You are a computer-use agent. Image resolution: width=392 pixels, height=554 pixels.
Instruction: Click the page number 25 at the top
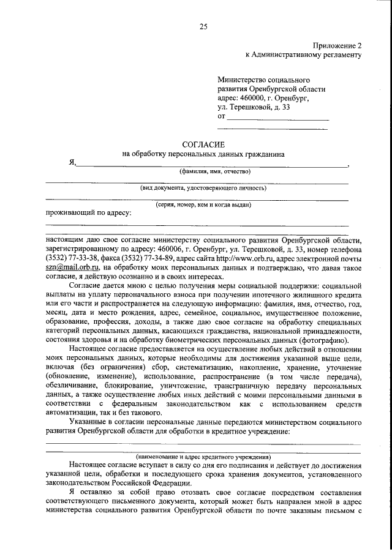pos(204,26)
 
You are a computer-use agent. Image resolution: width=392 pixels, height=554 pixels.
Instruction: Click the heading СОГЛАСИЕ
pos(203,144)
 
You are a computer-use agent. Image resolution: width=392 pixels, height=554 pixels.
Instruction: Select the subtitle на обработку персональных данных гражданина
pos(203,154)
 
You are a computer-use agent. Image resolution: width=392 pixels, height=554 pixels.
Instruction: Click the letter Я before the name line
pos(72,163)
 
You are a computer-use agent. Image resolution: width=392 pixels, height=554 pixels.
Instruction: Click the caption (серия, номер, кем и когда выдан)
pos(203,204)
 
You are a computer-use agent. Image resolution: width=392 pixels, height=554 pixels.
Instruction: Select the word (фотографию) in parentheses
pos(326,340)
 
